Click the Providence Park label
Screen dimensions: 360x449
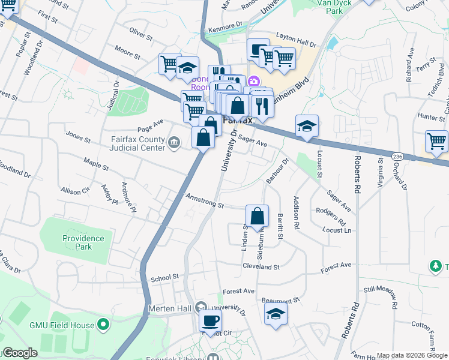83,242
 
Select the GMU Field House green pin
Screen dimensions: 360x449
103,326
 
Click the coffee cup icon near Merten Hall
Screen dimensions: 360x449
210,321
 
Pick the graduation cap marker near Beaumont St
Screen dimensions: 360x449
276,314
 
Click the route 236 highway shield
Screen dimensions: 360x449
397,156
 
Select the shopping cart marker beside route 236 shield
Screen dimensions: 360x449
436,142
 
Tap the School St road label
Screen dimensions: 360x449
165,278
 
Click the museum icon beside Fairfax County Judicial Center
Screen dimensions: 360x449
174,142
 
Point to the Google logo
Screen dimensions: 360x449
19,353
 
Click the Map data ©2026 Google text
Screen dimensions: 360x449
412,355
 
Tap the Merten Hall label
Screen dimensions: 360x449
169,308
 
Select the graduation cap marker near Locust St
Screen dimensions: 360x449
307,126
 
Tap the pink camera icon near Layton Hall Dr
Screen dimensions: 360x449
254,81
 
